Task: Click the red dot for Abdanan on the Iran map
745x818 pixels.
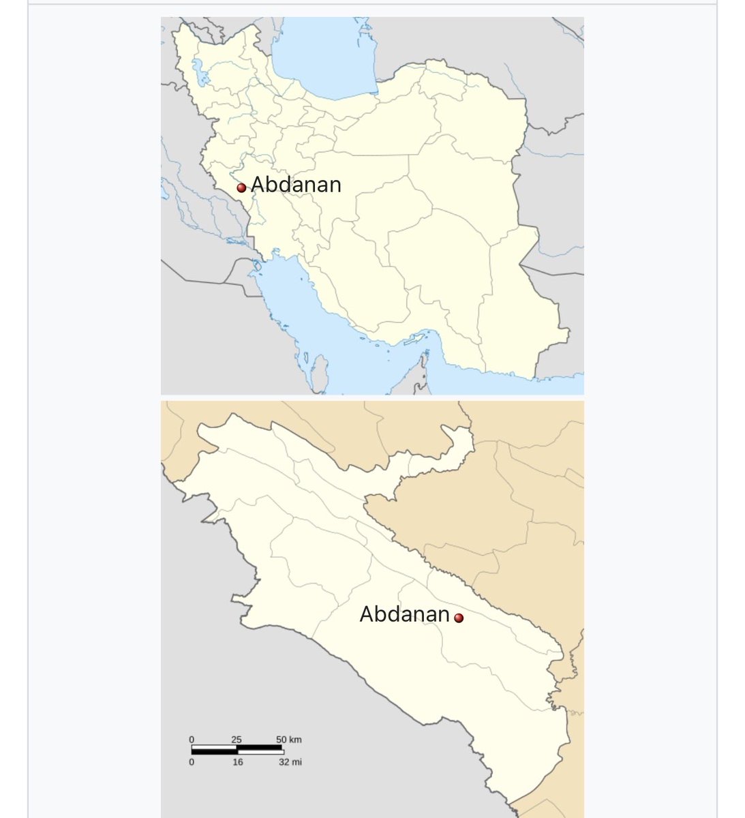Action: click(241, 188)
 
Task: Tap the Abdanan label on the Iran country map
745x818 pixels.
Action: click(296, 185)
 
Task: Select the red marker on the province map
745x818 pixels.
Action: click(459, 618)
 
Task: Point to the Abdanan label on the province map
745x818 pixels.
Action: click(404, 614)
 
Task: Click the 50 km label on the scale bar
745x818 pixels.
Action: click(289, 740)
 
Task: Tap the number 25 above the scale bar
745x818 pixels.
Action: click(237, 740)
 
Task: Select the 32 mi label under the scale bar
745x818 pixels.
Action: click(290, 762)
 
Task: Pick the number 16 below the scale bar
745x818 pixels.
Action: click(237, 762)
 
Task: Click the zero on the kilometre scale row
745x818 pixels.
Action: click(192, 740)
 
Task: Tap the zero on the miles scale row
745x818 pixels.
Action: click(192, 762)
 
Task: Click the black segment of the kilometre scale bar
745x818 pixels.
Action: click(214, 747)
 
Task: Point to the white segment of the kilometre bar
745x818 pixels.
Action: click(260, 747)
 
